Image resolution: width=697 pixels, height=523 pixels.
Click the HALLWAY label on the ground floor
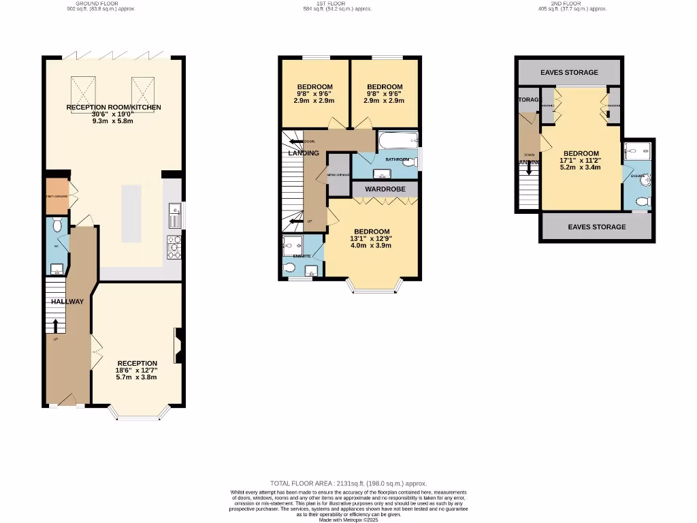coord(66,302)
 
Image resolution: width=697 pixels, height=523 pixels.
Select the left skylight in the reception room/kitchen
coord(83,89)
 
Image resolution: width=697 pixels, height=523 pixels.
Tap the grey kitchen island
coord(132,213)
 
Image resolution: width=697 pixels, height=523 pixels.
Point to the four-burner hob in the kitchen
coord(174,248)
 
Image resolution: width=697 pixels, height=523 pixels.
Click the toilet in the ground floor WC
coord(57,224)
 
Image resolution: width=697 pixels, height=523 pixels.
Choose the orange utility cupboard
coord(56,195)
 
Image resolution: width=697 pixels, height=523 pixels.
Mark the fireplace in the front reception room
coord(178,345)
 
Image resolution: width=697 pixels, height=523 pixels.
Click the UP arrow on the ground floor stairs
coord(55,324)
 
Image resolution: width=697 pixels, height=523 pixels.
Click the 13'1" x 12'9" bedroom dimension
coord(372,238)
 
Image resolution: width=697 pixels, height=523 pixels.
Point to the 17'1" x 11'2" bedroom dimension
coord(581,161)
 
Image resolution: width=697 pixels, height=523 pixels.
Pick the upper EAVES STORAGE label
coord(569,72)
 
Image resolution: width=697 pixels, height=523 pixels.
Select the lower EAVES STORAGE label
coord(596,227)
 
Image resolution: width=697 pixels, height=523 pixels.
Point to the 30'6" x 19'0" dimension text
coord(114,114)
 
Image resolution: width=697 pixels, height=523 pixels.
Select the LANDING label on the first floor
coord(303,153)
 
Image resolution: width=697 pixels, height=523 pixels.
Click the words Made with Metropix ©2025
coord(348,520)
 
